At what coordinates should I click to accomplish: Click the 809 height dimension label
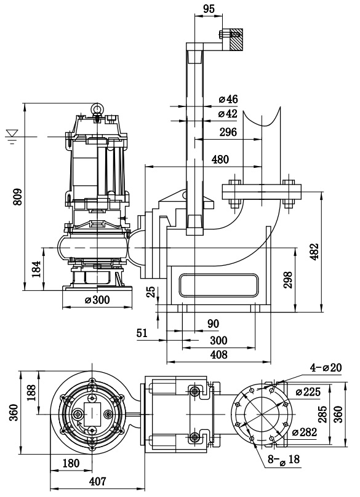(x=18, y=197)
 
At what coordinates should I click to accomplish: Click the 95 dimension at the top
(x=209, y=9)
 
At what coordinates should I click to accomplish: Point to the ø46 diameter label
(x=228, y=99)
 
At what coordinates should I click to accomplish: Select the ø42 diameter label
(x=228, y=113)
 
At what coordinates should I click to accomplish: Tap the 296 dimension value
(x=228, y=132)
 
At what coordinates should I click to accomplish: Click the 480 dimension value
(x=220, y=159)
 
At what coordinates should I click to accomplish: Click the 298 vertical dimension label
(x=288, y=279)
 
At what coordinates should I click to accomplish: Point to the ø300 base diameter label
(x=97, y=299)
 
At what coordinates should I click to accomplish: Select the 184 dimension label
(x=37, y=269)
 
